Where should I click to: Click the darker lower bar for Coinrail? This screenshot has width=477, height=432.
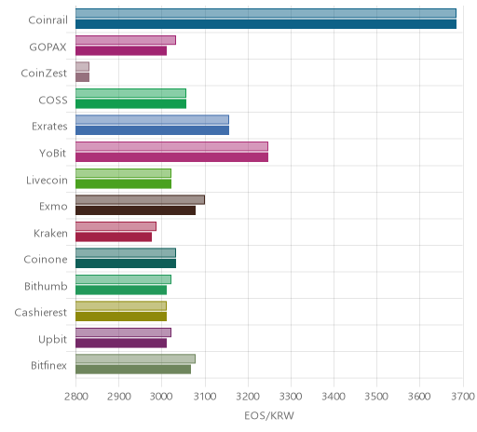(x=266, y=24)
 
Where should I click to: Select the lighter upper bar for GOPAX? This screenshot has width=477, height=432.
(x=126, y=40)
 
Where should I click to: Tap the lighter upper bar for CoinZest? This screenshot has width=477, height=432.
(x=82, y=66)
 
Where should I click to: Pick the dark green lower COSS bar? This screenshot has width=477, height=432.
(x=130, y=104)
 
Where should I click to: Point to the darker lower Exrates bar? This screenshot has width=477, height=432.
(x=152, y=130)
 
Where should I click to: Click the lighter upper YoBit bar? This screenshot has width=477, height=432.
(x=171, y=146)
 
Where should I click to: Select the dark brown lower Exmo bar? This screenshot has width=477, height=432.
(x=135, y=210)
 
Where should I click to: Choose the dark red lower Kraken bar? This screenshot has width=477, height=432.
(x=114, y=237)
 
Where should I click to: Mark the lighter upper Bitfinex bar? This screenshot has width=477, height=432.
(x=135, y=359)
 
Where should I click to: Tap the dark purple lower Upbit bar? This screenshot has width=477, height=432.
(x=121, y=344)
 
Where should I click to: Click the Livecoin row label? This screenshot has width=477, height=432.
(x=47, y=180)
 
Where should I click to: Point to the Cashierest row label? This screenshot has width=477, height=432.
(x=41, y=312)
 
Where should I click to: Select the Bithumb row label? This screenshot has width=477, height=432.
(x=46, y=286)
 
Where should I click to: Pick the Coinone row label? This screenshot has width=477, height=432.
(x=46, y=259)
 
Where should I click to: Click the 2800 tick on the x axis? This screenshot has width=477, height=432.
(x=75, y=397)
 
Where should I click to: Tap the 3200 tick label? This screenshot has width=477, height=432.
(x=248, y=397)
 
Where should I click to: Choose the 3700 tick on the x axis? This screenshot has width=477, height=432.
(x=463, y=397)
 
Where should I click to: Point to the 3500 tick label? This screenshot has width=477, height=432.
(x=376, y=397)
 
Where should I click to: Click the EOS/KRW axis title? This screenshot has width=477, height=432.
(x=269, y=415)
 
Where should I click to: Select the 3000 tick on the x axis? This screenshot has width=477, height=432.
(x=162, y=397)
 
